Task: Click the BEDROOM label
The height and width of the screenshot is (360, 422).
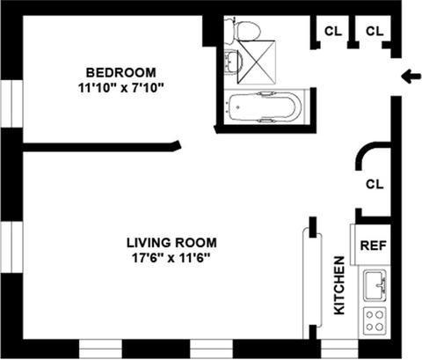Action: (x=120, y=72)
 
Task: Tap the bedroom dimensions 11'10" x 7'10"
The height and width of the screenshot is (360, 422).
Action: (x=120, y=88)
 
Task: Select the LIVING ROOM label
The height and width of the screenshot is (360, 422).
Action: (x=171, y=243)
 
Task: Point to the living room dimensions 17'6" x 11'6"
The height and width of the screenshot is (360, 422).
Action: (x=171, y=258)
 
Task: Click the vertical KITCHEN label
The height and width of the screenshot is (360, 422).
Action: (x=339, y=285)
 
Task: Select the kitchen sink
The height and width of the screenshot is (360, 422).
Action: (x=375, y=285)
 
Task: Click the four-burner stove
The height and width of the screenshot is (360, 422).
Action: (x=375, y=320)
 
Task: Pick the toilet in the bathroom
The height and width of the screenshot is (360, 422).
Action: (x=243, y=29)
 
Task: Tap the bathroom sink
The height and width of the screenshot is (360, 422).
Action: (x=234, y=62)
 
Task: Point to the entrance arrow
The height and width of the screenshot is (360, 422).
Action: (x=411, y=77)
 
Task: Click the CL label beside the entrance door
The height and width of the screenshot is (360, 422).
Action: (x=375, y=31)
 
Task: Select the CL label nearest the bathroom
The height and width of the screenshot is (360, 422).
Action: (x=333, y=31)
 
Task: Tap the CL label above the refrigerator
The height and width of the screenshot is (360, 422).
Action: (x=375, y=184)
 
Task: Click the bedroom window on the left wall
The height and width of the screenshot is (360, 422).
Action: (x=11, y=104)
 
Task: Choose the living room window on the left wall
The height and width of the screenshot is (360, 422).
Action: (x=11, y=247)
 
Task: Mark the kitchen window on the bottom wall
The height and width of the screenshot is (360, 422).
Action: (x=339, y=349)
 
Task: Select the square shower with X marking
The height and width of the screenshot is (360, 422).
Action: (x=257, y=62)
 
